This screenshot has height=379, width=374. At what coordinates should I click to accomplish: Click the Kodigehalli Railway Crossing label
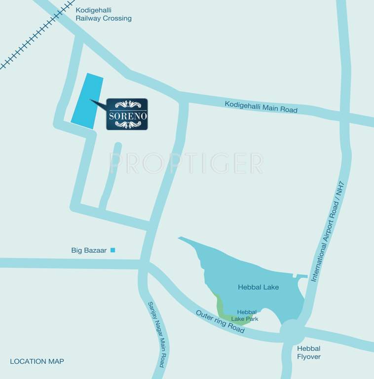(x=103, y=14)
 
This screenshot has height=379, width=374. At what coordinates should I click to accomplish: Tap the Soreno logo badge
(x=127, y=114)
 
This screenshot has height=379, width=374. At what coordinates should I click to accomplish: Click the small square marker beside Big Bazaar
(x=112, y=250)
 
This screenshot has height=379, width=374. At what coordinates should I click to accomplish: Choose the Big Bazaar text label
(x=89, y=251)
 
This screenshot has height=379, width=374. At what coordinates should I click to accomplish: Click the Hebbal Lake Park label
(x=247, y=315)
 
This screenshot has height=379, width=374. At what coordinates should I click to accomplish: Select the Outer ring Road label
(x=220, y=322)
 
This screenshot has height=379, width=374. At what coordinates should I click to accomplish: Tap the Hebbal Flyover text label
(x=308, y=352)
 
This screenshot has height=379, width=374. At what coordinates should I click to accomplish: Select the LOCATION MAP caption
(x=37, y=361)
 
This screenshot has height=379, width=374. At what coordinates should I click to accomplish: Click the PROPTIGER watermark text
(x=186, y=163)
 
